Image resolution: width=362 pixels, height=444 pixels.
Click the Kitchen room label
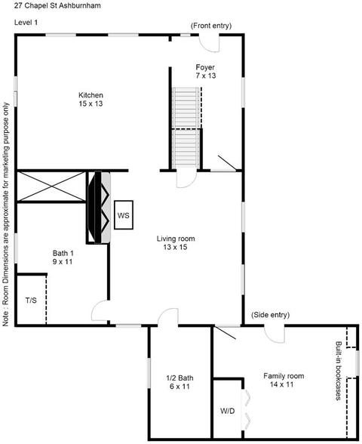[x=90, y=95]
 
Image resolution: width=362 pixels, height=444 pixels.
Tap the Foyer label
[x=205, y=67]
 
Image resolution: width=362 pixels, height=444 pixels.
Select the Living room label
[x=176, y=239]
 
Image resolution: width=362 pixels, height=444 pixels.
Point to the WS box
[x=124, y=215]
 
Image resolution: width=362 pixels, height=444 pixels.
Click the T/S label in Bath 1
[x=31, y=301]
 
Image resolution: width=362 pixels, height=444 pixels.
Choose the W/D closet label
[x=228, y=411]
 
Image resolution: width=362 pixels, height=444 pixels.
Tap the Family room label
[x=284, y=376]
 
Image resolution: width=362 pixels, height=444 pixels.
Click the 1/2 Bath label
[x=179, y=378]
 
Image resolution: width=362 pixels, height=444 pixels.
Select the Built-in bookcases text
[x=338, y=371]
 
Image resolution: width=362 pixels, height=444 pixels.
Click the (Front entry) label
[x=211, y=26]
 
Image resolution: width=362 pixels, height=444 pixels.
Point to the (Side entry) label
[x=270, y=315]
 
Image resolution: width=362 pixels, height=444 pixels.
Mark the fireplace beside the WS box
[x=98, y=207]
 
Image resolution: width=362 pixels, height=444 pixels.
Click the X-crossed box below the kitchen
[x=51, y=187]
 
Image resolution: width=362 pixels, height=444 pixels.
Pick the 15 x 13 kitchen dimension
[x=90, y=103]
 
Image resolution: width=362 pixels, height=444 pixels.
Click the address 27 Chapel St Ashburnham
[x=57, y=6]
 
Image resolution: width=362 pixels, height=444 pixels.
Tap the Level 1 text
[x=26, y=23]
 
